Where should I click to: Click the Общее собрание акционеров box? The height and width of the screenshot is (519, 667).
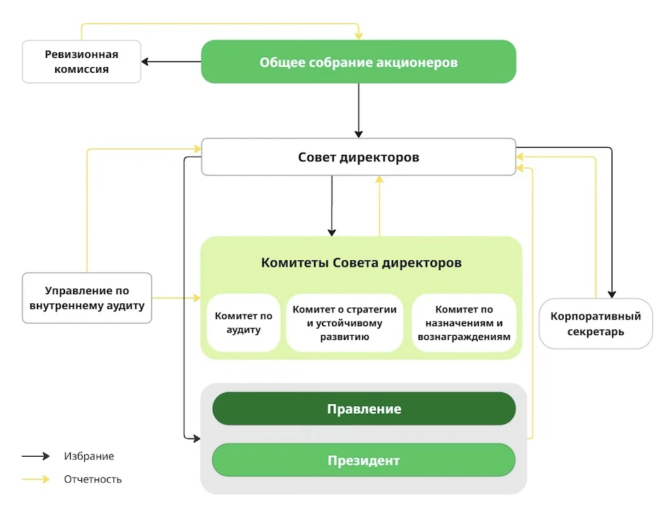coord(359,62)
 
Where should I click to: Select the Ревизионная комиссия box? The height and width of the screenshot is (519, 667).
coord(81,62)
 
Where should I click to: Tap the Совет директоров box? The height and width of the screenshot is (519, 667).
coord(359,157)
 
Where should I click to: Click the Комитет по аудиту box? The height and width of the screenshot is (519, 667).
coord(243,323)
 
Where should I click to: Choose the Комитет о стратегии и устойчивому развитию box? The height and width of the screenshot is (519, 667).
coord(344,323)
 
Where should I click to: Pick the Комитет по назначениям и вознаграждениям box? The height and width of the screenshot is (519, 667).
coord(463,323)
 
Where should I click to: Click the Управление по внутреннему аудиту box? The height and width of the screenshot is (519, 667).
coord(87,298)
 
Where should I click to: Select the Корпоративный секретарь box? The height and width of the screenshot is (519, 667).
coord(596,324)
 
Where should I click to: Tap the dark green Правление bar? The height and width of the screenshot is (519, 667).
coord(364,409)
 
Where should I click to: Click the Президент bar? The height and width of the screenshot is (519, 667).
coord(364,460)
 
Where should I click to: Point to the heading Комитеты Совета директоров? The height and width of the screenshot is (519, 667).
coord(361,263)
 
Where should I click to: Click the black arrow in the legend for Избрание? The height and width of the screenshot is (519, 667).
coord(35,456)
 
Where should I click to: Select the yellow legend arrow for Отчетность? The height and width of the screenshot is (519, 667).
coord(35,479)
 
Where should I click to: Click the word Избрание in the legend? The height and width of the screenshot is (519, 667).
coord(88,456)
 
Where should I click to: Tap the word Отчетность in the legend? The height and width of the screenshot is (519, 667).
coord(93,479)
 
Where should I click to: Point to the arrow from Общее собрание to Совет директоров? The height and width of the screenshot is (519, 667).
coord(359,110)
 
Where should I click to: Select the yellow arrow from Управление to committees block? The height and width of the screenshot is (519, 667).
coord(177,298)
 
